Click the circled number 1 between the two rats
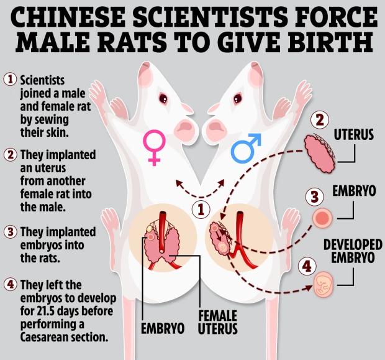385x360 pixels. click(x=200, y=208)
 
